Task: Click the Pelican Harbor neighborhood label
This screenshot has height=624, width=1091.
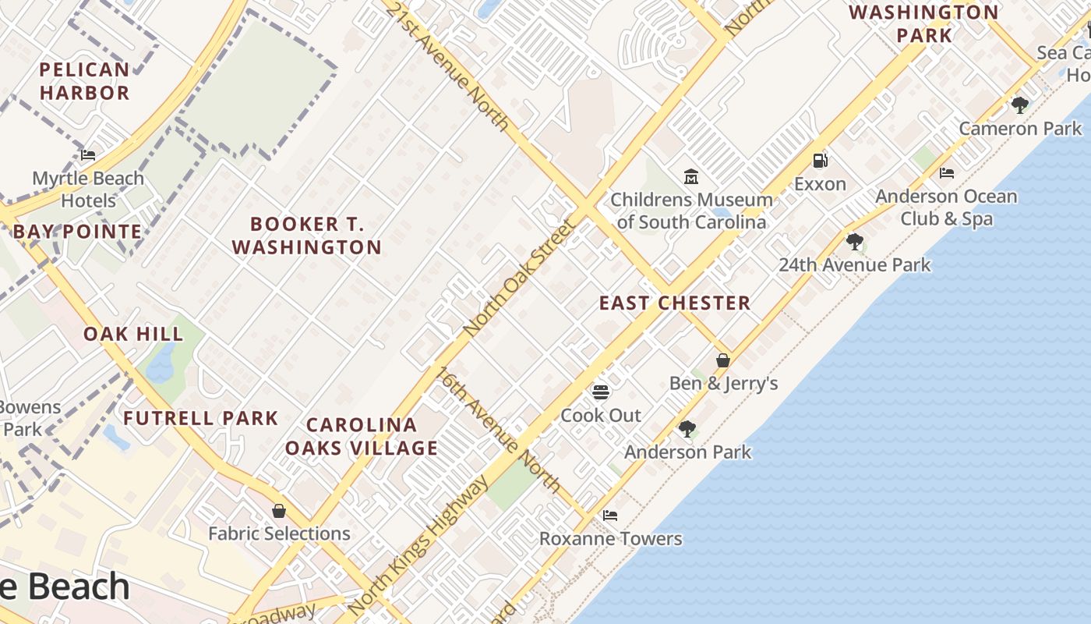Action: pyautogui.click(x=84, y=81)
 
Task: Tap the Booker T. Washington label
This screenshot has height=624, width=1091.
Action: pyautogui.click(x=307, y=236)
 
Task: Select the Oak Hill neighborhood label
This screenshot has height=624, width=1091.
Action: pyautogui.click(x=133, y=334)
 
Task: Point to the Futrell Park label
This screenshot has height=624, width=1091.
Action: pyautogui.click(x=200, y=418)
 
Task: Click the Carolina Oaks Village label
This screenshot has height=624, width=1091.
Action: pyautogui.click(x=361, y=436)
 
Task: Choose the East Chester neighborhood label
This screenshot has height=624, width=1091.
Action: pyautogui.click(x=675, y=303)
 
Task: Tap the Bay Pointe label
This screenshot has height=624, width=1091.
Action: pyautogui.click(x=77, y=232)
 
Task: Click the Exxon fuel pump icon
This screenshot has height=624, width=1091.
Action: pyautogui.click(x=820, y=161)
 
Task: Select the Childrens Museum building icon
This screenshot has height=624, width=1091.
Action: pyautogui.click(x=690, y=177)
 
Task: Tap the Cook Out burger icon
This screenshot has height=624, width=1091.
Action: pyautogui.click(x=601, y=392)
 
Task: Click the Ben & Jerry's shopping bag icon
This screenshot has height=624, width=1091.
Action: pyautogui.click(x=723, y=360)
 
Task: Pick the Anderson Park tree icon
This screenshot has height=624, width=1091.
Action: pyautogui.click(x=687, y=428)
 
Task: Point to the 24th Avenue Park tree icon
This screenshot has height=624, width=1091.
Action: pyautogui.click(x=855, y=241)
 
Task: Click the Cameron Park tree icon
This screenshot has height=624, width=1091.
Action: pyautogui.click(x=1019, y=105)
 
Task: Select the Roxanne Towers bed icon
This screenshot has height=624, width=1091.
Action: pyautogui.click(x=610, y=516)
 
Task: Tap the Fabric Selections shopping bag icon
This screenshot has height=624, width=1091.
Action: pyautogui.click(x=279, y=511)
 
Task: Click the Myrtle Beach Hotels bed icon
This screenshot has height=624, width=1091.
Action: pyautogui.click(x=88, y=155)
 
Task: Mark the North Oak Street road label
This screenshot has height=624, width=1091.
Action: pyautogui.click(x=518, y=277)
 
